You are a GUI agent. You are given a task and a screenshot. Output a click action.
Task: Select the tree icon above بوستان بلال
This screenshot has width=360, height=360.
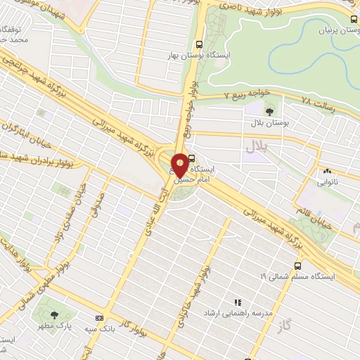pos(269,111)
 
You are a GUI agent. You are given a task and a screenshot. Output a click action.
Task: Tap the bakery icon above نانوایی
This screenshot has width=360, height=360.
pos(327,171)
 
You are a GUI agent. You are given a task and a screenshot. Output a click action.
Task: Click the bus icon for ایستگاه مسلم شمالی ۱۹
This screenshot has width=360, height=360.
pos(297,266)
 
